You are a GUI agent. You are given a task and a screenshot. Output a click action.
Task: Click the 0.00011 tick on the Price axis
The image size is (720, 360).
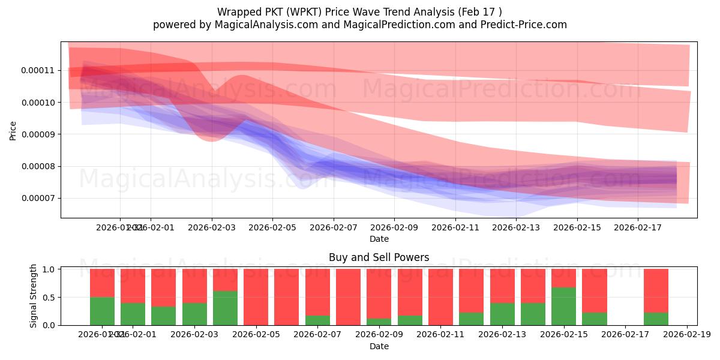tap(38, 70)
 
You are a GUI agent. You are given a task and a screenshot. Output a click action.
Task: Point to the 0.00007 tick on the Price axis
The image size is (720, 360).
tap(38, 199)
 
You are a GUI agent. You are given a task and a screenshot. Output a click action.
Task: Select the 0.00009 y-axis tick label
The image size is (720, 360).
tap(38, 134)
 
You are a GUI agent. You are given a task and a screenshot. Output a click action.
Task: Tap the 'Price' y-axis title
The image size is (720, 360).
tap(13, 130)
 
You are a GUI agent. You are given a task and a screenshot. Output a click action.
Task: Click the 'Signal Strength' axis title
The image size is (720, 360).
tap(34, 296)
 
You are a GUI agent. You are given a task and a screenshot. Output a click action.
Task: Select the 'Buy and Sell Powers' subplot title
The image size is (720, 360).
tap(379, 257)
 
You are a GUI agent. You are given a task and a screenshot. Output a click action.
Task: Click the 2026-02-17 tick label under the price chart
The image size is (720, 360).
tap(638, 228)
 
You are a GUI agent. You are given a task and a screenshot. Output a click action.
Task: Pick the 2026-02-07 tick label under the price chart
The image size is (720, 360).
tap(333, 228)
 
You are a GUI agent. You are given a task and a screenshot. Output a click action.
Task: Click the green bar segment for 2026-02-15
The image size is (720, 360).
tap(563, 306)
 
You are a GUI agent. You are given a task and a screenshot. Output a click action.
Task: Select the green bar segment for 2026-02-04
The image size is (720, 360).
tap(225, 308)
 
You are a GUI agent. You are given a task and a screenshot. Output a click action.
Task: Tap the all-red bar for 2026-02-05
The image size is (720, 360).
tap(256, 297)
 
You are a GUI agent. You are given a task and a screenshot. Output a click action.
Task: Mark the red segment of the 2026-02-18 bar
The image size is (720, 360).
tap(656, 290)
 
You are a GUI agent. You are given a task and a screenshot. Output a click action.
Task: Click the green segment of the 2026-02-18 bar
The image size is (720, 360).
tap(656, 319)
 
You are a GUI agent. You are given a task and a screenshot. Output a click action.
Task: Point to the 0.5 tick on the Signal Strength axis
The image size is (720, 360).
tap(50, 297)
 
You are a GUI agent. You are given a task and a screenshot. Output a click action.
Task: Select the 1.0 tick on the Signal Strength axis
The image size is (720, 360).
tap(50, 269)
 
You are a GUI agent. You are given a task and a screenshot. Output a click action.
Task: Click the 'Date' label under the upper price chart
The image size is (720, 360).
tap(379, 239)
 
